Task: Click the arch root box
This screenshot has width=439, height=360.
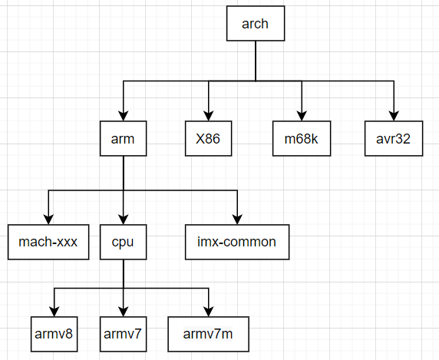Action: pyautogui.click(x=256, y=24)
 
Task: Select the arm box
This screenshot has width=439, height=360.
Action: pyautogui.click(x=124, y=139)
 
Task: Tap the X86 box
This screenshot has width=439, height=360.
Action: pyautogui.click(x=208, y=139)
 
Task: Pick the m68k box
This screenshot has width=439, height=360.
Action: pyautogui.click(x=302, y=139)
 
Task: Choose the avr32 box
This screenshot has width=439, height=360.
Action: pyautogui.click(x=394, y=139)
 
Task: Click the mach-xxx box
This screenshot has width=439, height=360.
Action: pyautogui.click(x=48, y=242)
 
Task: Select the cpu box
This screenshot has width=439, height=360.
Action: pyautogui.click(x=124, y=242)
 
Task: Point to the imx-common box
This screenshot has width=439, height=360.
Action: pyautogui.click(x=237, y=242)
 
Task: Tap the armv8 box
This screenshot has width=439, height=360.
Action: pyautogui.click(x=54, y=334)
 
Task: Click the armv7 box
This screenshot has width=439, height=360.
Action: pyautogui.click(x=124, y=334)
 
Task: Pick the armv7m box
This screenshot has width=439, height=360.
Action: pyautogui.click(x=208, y=334)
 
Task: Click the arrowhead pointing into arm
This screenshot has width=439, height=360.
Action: pyautogui.click(x=124, y=116)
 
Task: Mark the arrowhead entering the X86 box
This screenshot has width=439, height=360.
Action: pyautogui.click(x=208, y=116)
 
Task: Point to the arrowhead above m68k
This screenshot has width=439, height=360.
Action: pyautogui.click(x=302, y=116)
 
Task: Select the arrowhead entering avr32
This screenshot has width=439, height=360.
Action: pyautogui.click(x=394, y=116)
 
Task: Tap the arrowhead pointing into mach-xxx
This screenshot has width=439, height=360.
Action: pyautogui.click(x=48, y=220)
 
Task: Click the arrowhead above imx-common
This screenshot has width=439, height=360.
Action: pyautogui.click(x=237, y=220)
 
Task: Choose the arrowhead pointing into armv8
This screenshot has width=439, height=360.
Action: pyautogui.click(x=54, y=312)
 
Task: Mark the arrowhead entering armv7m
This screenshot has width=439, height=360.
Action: pyautogui.click(x=208, y=312)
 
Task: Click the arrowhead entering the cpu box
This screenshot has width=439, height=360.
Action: pyautogui.click(x=124, y=220)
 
